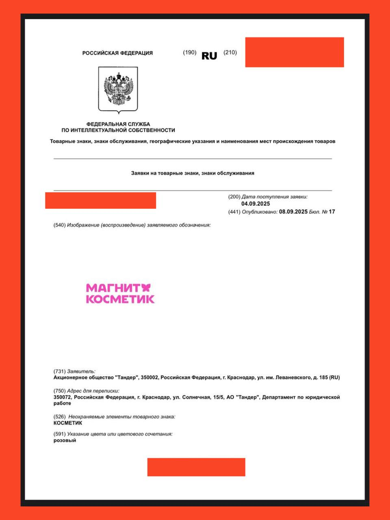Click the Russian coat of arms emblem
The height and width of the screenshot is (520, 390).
[118, 89]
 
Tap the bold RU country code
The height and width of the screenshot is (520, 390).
[209, 56]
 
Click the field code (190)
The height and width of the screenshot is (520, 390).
[190, 52]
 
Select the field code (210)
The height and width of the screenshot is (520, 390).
[230, 52]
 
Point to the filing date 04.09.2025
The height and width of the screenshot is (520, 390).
[256, 204]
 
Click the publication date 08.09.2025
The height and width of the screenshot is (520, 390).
[293, 212]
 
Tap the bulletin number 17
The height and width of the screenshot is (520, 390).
[332, 212]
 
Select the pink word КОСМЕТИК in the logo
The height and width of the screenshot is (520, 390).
[120, 299]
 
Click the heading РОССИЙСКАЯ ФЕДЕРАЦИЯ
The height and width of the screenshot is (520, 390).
[117, 53]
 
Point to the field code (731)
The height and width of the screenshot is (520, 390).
[59, 371]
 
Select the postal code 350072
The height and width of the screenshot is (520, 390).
[63, 397]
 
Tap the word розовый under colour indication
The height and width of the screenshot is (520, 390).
[65, 440]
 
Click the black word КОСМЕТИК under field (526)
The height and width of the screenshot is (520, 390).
[68, 423]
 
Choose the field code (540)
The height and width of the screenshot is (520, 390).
[59, 225]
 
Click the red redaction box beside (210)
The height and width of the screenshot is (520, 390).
[295, 52]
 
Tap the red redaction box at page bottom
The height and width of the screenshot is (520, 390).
[196, 467]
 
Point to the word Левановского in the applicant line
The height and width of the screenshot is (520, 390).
[291, 377]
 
